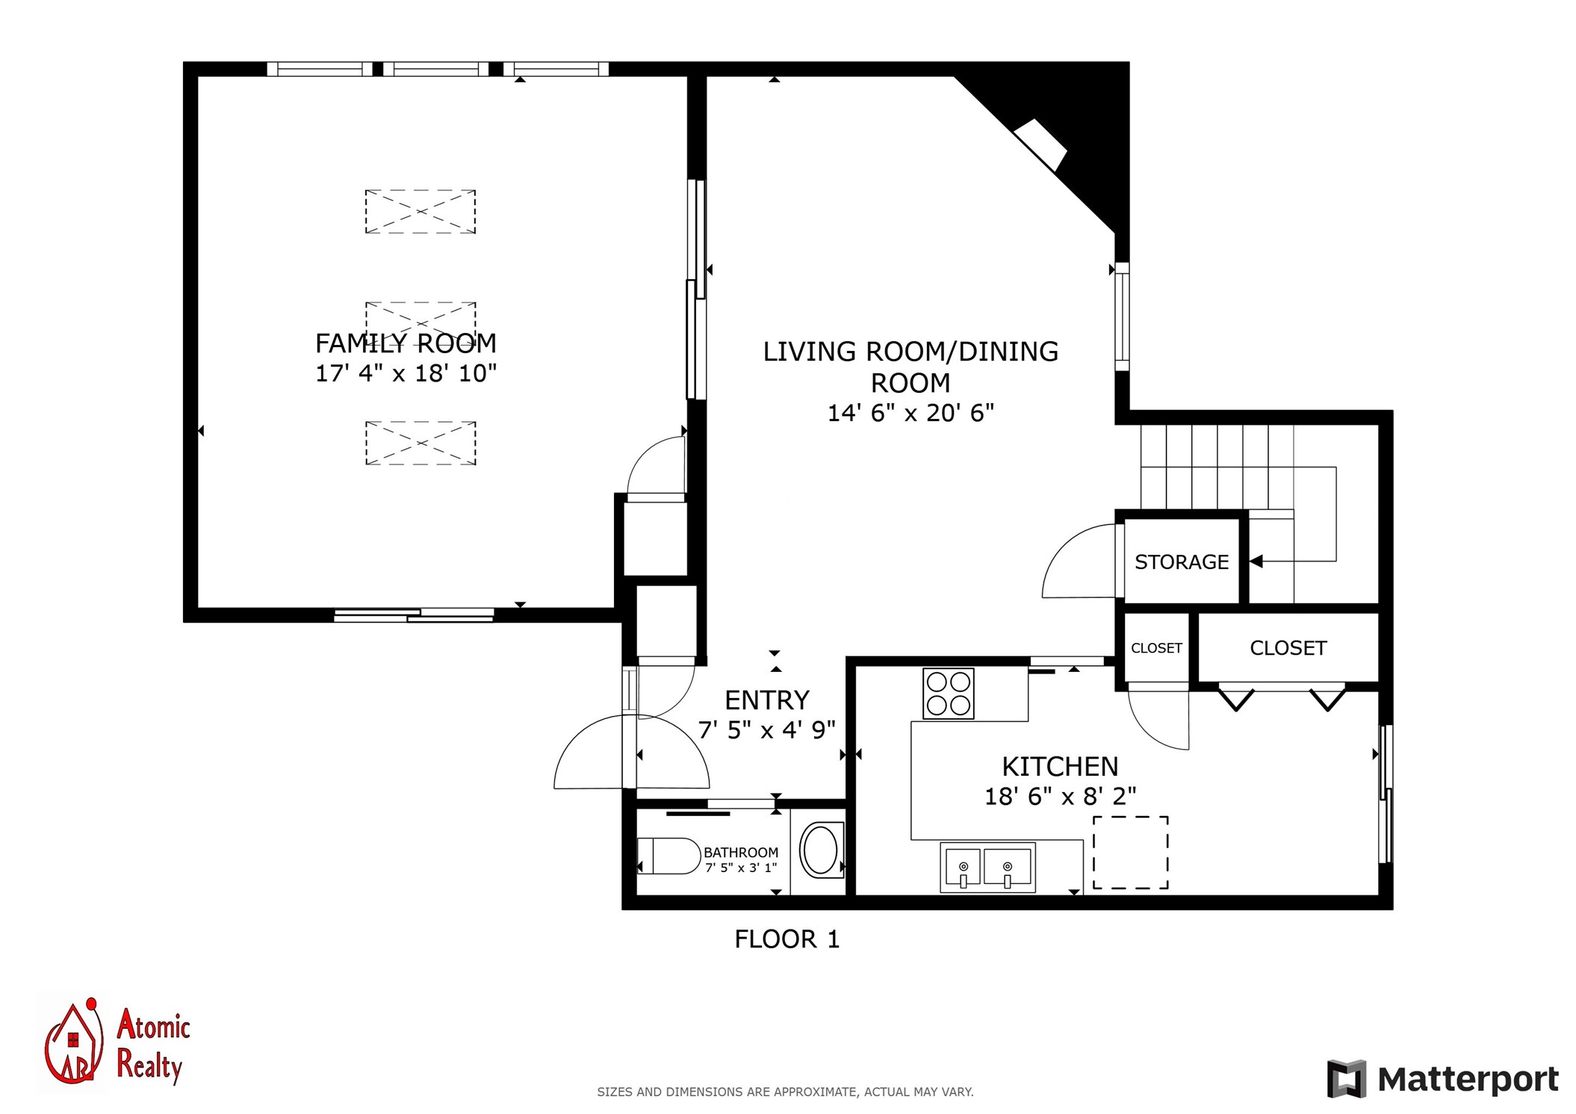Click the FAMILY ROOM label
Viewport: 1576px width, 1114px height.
(406, 343)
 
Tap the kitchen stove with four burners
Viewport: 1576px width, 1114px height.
(949, 694)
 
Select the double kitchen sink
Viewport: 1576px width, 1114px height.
(987, 867)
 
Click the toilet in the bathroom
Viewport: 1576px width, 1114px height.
(668, 856)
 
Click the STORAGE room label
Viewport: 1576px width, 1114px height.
(1182, 561)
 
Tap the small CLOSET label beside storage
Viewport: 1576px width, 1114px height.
(1156, 648)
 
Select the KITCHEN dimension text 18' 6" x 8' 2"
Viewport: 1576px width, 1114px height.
(1060, 797)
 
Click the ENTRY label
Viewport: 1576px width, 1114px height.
(767, 700)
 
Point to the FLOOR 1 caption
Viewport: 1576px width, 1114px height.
(787, 939)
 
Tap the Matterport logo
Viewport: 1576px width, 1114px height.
(1442, 1079)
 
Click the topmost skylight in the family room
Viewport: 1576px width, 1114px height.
(421, 211)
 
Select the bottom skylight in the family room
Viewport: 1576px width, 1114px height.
(421, 443)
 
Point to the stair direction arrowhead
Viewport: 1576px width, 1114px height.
(1256, 561)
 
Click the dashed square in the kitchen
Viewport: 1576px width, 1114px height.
(1131, 852)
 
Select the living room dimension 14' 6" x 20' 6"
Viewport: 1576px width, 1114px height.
(910, 413)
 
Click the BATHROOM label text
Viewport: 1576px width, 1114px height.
(741, 852)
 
